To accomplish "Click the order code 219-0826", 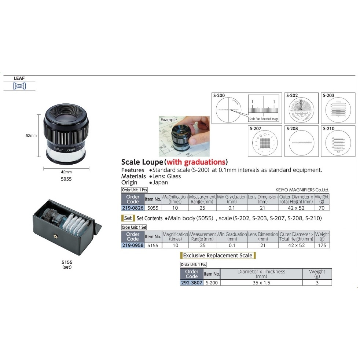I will coord(132,208).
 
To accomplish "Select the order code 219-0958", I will coord(132,245).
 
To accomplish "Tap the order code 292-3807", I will coord(191,283).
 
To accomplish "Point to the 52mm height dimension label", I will coord(31,135).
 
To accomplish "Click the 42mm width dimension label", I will coord(66,172).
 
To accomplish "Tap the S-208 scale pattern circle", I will coord(301,143).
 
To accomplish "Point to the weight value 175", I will coord(322,245).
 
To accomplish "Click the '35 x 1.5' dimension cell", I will coord(261,283).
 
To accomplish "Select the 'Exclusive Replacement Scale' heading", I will coord(218,255).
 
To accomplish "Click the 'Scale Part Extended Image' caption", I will coord(264,119).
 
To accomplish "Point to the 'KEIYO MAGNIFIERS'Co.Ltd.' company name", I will coord(302,190).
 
